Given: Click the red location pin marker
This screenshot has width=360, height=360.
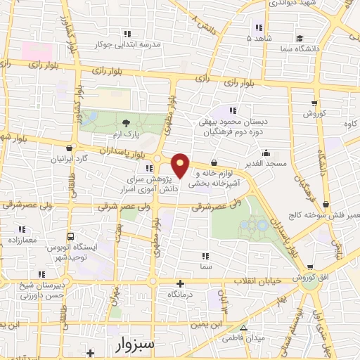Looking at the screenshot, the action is [x=181, y=165].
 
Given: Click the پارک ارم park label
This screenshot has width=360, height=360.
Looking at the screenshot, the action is [x=127, y=134].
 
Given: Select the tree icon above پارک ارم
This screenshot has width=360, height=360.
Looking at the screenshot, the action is [x=127, y=124].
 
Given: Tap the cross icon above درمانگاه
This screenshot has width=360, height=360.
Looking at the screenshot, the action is [x=181, y=284].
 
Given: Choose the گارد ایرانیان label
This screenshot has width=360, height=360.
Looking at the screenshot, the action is [x=69, y=158].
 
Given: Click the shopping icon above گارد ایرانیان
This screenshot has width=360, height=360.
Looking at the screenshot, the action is [x=69, y=148].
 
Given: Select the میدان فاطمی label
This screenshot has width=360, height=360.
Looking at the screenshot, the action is [x=243, y=338].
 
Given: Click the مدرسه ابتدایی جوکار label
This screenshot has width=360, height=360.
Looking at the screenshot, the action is [x=127, y=44].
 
